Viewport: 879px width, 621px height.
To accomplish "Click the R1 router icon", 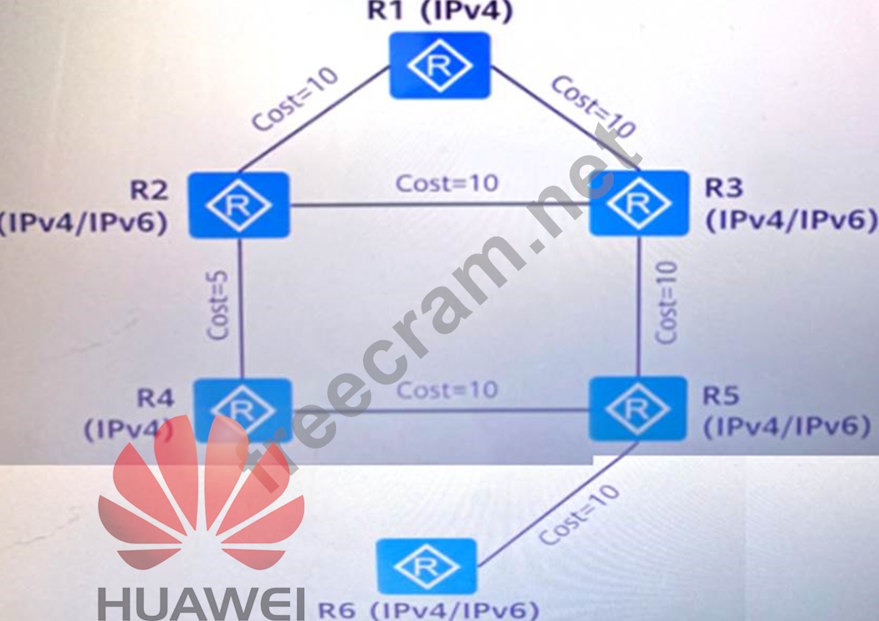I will click(x=439, y=65).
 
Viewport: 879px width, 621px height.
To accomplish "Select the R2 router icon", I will click(x=238, y=206).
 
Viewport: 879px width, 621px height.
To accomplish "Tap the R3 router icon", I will click(x=639, y=203).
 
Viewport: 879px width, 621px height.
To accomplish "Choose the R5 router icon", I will click(x=637, y=409).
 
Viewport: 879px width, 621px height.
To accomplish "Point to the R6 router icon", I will click(x=427, y=568).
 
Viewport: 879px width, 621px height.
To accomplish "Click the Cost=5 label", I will click(x=219, y=305).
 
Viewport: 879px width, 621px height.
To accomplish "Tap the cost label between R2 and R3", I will click(x=447, y=183).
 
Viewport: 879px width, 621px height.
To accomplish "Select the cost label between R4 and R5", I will click(x=447, y=390).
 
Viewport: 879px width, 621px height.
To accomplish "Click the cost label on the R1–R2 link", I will click(x=295, y=99).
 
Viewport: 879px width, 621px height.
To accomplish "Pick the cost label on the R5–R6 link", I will click(x=579, y=515).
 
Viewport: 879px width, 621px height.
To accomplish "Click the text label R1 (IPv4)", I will click(x=439, y=12).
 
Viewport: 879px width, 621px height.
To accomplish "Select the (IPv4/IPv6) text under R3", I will click(x=791, y=220).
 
